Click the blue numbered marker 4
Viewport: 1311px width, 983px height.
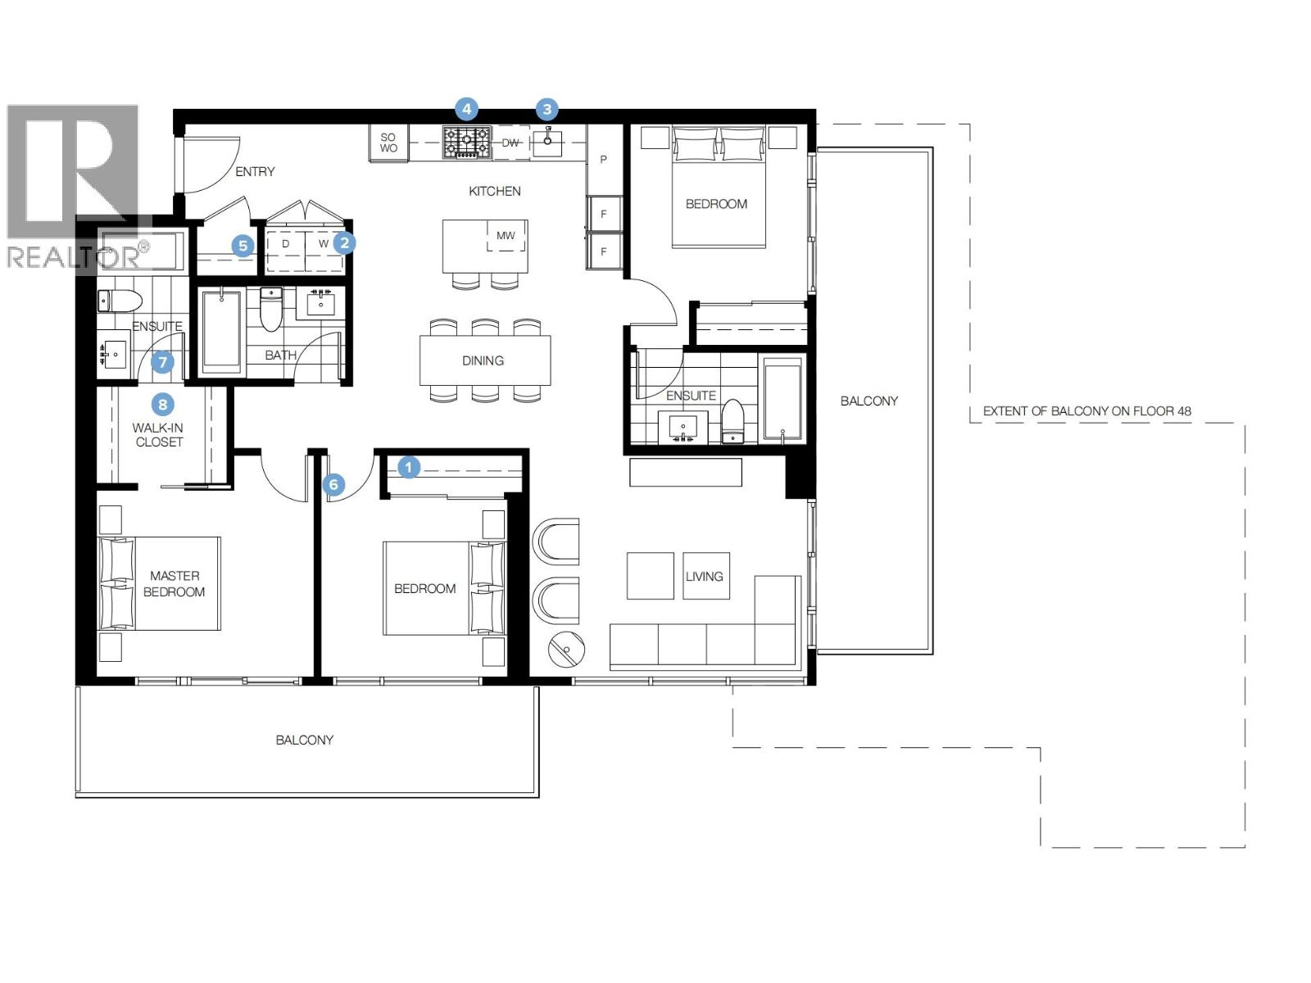tap(466, 109)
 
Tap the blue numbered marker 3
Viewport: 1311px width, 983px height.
tap(547, 109)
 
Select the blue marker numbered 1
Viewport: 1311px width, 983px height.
tap(409, 468)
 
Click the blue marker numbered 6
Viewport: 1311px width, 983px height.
tap(333, 484)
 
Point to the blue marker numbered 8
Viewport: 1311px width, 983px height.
tap(163, 404)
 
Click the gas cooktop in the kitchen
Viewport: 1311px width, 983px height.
tap(467, 142)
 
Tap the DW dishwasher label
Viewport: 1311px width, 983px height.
tap(510, 143)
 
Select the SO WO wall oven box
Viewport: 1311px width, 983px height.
tap(388, 143)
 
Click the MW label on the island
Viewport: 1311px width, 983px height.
tap(506, 236)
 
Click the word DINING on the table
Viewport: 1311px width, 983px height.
tap(483, 360)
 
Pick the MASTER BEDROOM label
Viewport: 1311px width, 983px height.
tap(174, 584)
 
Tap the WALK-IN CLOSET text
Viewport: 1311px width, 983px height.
tap(159, 435)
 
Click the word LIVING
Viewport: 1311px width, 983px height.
tap(704, 577)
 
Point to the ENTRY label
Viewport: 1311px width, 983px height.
tap(255, 172)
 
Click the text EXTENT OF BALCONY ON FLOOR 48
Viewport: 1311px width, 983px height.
tap(1086, 411)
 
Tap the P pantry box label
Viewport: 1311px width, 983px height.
tap(604, 160)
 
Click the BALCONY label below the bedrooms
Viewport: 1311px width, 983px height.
tap(304, 741)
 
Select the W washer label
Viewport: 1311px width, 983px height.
tap(324, 244)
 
